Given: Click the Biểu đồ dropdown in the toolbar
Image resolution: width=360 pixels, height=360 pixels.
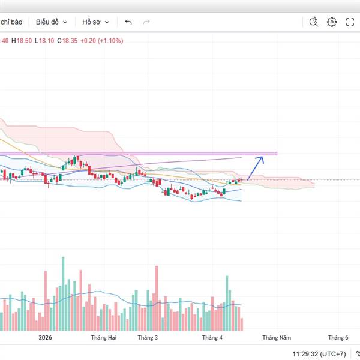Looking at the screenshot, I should pos(50,22).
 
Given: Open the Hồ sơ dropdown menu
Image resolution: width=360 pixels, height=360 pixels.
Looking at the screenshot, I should pos(96,22).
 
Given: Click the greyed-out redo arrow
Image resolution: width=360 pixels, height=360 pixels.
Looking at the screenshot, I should pos(146,22).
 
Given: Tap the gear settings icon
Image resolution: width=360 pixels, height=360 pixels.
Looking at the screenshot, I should pos(332,22).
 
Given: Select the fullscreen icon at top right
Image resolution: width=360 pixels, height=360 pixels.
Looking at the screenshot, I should pos(350,22).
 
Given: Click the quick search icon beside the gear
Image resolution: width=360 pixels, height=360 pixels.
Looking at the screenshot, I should pos(313,22).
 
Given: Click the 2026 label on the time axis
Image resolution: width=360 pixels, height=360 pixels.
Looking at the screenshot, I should pos(46,338).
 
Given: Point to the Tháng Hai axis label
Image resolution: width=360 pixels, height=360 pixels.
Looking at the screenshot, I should pos(103,338).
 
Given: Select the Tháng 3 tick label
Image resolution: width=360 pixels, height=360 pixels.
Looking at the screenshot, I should pos(148,338).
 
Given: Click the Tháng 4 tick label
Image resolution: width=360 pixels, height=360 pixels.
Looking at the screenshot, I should pos(212,338).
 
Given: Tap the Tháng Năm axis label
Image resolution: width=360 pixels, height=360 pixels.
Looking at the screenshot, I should pos(277,338).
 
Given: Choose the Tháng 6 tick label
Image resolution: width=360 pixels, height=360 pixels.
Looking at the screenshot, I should pos(338,338).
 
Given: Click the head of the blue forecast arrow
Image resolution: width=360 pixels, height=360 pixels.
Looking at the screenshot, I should pos(262,158).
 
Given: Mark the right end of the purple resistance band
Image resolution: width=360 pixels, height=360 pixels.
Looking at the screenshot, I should pos(277,154).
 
